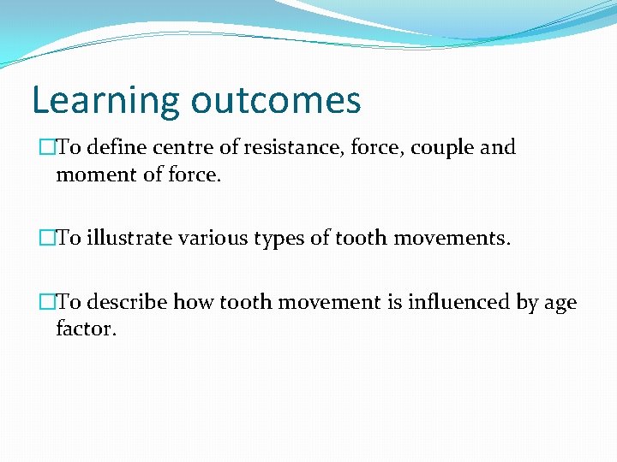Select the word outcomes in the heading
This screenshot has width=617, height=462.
click(276, 101)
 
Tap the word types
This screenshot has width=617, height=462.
click(274, 239)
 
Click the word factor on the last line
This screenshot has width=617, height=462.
click(85, 329)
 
